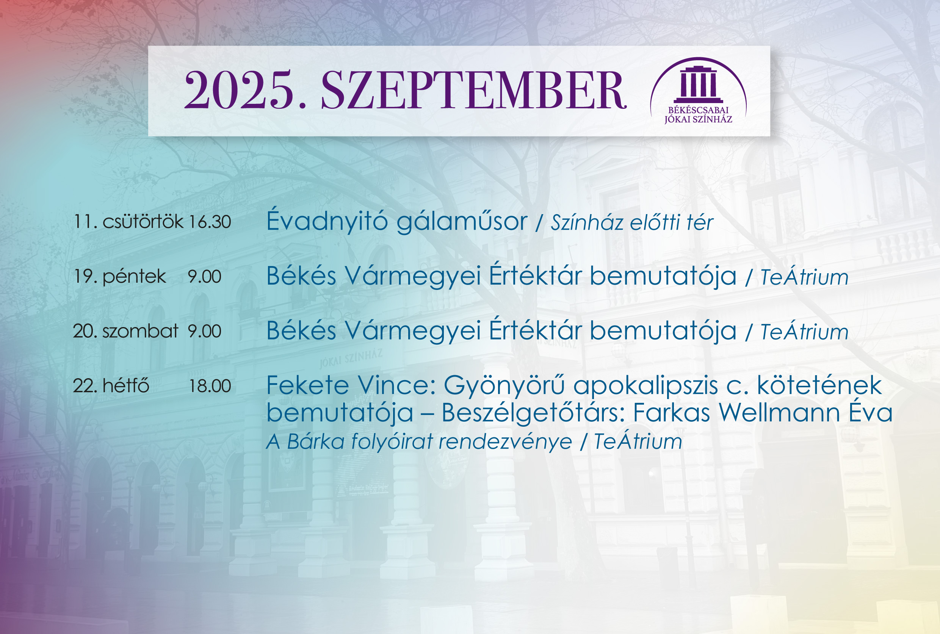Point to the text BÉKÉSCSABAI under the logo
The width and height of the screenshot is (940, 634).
[698, 110]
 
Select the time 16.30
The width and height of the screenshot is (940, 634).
[210, 222]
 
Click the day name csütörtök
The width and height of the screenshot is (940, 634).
[143, 222]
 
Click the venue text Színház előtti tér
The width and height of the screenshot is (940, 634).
[632, 222]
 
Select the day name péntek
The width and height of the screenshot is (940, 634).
[134, 277]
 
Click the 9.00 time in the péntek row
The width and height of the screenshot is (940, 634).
[205, 277]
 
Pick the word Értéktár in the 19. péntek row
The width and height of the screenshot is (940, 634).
[535, 276]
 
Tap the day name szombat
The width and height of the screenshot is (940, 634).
[140, 331]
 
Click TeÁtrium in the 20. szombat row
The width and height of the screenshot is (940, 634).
[805, 332]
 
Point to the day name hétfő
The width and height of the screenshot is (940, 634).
[126, 385]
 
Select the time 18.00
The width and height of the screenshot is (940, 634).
[210, 386]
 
